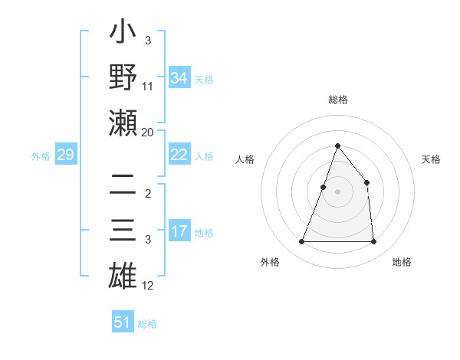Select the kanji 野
click(x=123, y=78)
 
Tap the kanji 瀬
click(x=123, y=121)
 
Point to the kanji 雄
click(x=123, y=274)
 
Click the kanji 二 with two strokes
click(x=123, y=185)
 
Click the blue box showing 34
click(x=179, y=77)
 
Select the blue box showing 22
click(x=179, y=155)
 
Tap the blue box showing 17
click(x=179, y=231)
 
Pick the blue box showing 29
click(x=65, y=155)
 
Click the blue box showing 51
click(x=122, y=322)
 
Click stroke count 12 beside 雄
click(x=148, y=286)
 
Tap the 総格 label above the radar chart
click(x=337, y=100)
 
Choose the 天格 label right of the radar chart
click(x=431, y=160)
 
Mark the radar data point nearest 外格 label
click(x=301, y=242)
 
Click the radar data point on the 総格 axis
click(x=337, y=146)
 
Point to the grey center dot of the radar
click(x=337, y=192)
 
